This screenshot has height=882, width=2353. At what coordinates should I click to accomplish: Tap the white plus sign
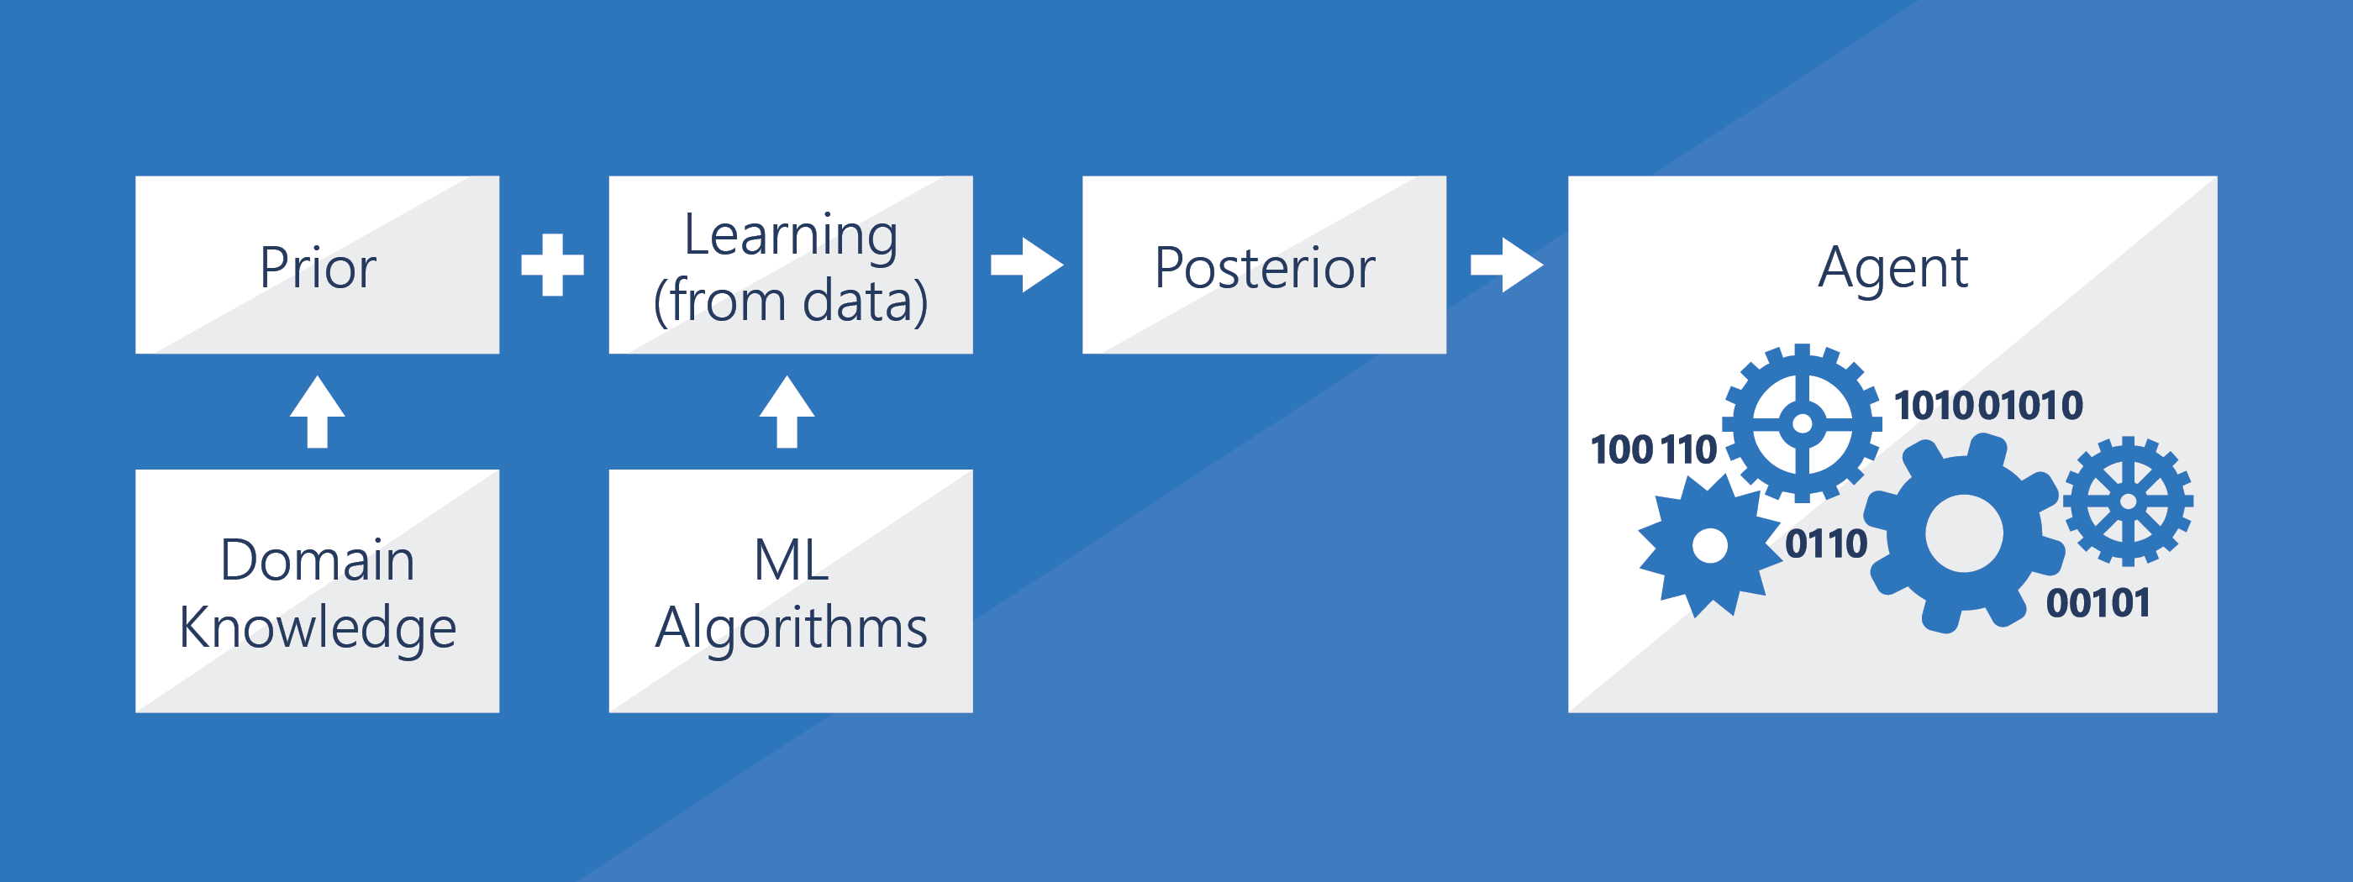(x=552, y=265)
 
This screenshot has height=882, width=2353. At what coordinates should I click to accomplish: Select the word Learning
(x=790, y=234)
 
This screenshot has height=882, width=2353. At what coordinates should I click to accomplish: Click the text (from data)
(x=790, y=302)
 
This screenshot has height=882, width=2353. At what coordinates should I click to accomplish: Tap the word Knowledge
(x=317, y=627)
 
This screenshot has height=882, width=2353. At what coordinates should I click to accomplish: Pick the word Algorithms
(x=790, y=627)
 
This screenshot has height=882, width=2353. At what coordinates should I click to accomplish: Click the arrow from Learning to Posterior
(x=1028, y=265)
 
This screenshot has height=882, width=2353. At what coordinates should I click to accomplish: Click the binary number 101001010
(x=1987, y=406)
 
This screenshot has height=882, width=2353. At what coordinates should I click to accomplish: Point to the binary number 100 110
(x=1653, y=450)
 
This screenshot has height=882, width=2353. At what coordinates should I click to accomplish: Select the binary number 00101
(x=2098, y=603)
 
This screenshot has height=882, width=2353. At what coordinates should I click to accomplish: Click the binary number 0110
(x=1825, y=544)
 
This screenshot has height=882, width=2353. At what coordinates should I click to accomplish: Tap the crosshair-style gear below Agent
(x=1801, y=423)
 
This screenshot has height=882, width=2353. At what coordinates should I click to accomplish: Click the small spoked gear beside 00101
(x=2128, y=501)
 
